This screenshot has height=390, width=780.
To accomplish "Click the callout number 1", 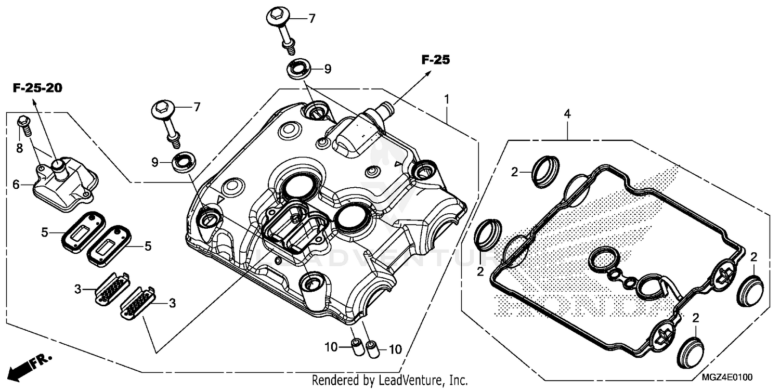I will click(447, 98).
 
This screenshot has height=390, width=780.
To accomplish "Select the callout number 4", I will click(567, 114).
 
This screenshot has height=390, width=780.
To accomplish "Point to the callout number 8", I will click(19, 148).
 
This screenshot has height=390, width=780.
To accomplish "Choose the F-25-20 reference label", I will click(37, 88).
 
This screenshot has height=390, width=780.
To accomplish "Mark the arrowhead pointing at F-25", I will click(429, 73).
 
